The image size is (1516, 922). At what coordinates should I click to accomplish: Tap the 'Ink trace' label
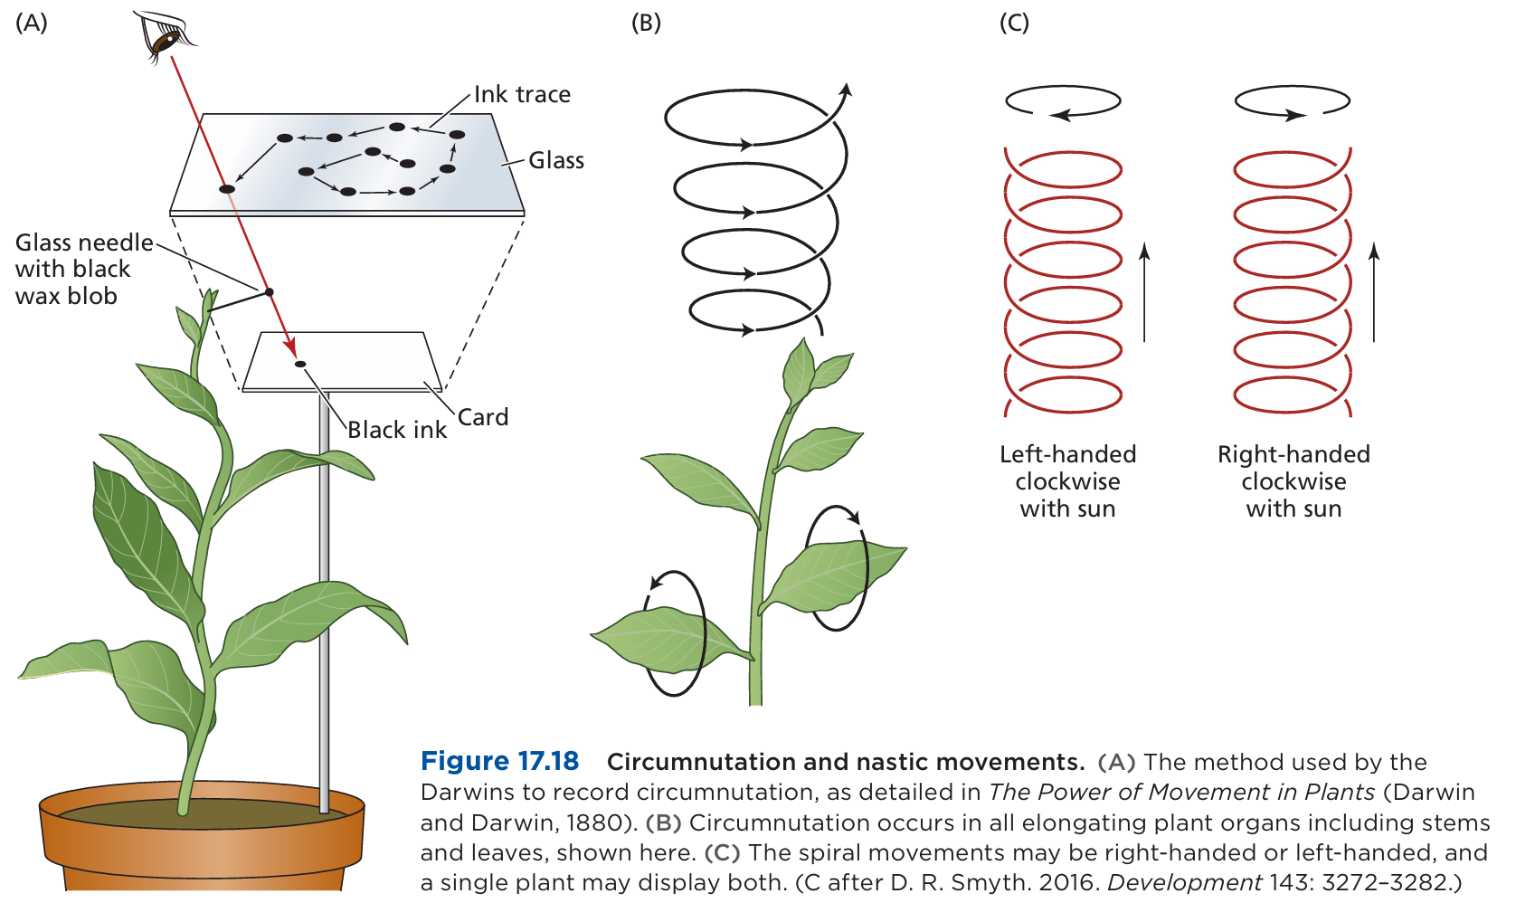click(522, 94)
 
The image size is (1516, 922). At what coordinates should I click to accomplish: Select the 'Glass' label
click(556, 160)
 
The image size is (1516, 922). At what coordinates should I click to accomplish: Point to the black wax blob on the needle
click(269, 291)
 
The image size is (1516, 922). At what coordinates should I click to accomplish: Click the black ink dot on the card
click(300, 364)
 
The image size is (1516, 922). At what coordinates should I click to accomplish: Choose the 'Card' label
click(483, 417)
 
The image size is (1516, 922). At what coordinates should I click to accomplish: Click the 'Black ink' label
click(397, 430)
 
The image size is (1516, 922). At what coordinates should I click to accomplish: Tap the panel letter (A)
click(32, 23)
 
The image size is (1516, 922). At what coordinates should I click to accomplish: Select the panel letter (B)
click(646, 23)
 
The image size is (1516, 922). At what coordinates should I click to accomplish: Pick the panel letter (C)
click(1014, 23)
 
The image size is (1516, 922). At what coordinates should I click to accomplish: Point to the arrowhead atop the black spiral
click(846, 90)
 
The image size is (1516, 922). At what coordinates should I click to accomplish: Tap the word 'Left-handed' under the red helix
click(1067, 454)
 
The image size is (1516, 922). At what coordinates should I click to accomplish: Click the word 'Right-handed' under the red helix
click(1293, 454)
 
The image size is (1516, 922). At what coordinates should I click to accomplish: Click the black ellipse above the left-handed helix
click(1063, 100)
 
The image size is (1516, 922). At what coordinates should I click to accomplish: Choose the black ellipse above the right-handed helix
click(1293, 100)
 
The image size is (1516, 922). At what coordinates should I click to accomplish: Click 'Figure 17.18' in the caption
click(499, 761)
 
